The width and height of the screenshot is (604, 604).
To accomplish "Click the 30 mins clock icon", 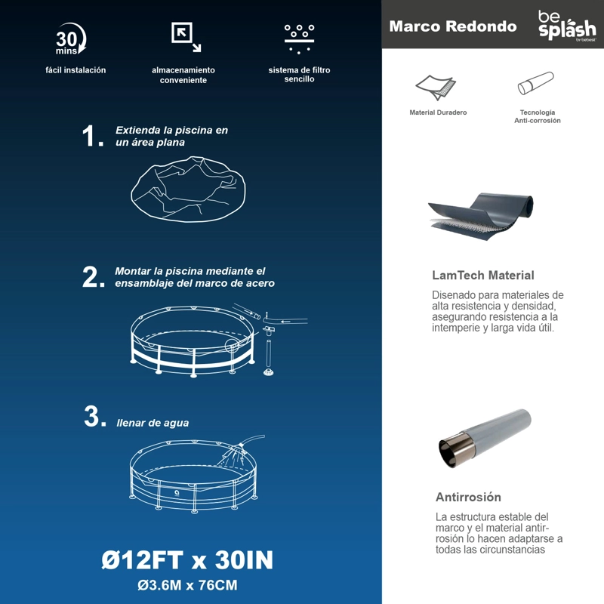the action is pos(70,39).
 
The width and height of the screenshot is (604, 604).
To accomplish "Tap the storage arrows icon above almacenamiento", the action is pos(186,37).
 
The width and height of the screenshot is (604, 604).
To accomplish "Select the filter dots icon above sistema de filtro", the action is pos(299,39).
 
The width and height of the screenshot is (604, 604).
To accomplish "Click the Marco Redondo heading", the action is pos(452,26).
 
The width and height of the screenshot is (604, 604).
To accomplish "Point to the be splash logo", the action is pos(567,26).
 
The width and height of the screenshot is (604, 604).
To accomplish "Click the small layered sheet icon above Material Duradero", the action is pos(436,88).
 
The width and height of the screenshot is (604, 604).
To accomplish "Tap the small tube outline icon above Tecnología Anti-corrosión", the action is pos(535,83).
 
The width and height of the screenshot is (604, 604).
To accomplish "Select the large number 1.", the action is pos(93,136).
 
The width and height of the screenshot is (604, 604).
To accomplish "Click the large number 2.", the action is pos(94,277).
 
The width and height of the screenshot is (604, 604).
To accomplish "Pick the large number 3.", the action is pos(95,417).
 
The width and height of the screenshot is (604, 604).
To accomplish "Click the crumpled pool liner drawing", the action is pos(188,190).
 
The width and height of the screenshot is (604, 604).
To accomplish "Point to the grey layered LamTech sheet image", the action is pos(481,217).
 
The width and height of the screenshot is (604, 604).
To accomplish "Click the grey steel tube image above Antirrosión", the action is pos(485,439).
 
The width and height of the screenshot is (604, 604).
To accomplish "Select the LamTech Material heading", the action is pos(483,276).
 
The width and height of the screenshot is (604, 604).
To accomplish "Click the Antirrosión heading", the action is pos(468,497).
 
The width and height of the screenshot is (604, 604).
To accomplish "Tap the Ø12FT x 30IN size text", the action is pos(187,560).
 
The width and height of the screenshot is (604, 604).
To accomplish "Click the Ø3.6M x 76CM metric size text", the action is pos(187,586).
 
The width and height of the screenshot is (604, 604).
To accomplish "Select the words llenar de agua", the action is pos(153,423).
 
